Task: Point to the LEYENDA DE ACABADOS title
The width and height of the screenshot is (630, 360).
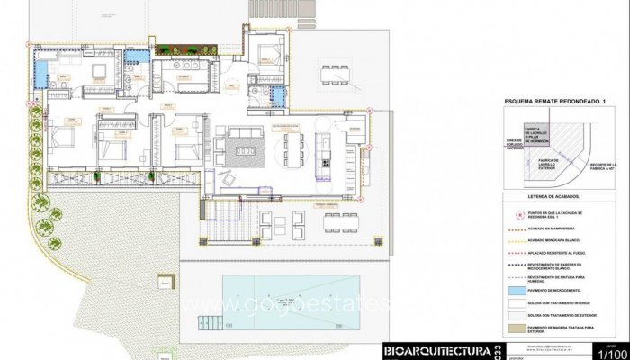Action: (x=553, y=195)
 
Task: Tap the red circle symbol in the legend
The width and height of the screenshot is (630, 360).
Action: (x=520, y=214)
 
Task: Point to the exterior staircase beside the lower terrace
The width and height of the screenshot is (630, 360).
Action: (x=224, y=220)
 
